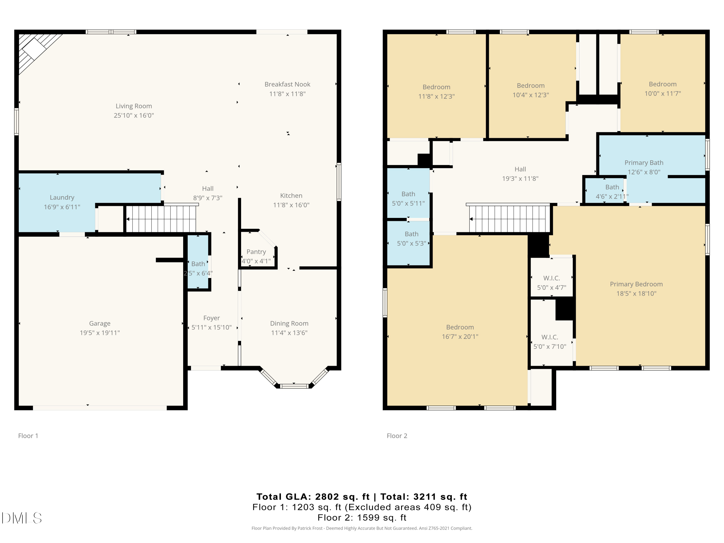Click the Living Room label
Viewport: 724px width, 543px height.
(x=133, y=106)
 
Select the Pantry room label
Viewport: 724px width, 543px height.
(x=256, y=252)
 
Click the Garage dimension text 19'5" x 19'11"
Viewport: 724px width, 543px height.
(x=100, y=333)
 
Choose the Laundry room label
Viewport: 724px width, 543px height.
(x=62, y=197)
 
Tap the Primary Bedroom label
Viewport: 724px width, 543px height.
(x=636, y=284)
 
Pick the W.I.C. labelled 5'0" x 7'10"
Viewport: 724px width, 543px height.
(x=550, y=342)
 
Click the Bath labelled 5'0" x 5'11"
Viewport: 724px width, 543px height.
(x=408, y=199)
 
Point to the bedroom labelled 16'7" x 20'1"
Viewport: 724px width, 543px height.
(x=460, y=332)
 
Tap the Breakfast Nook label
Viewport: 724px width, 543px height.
(x=287, y=84)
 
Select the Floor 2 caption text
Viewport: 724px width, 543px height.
(x=397, y=436)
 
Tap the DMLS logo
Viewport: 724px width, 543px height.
(x=22, y=518)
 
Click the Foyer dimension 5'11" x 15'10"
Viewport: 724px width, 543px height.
(x=211, y=327)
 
